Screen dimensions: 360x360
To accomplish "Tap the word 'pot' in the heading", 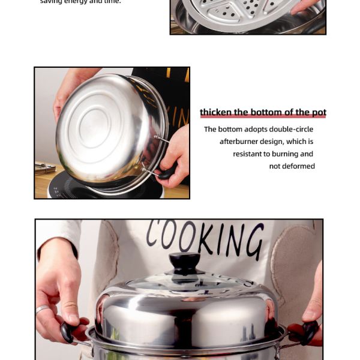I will [x=319, y=113].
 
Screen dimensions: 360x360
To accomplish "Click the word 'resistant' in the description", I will [x=248, y=154].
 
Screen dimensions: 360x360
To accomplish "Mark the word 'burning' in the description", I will [x=286, y=154].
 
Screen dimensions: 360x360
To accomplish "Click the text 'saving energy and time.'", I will [x=80, y=2].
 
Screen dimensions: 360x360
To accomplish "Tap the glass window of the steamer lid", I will [x=186, y=281].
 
